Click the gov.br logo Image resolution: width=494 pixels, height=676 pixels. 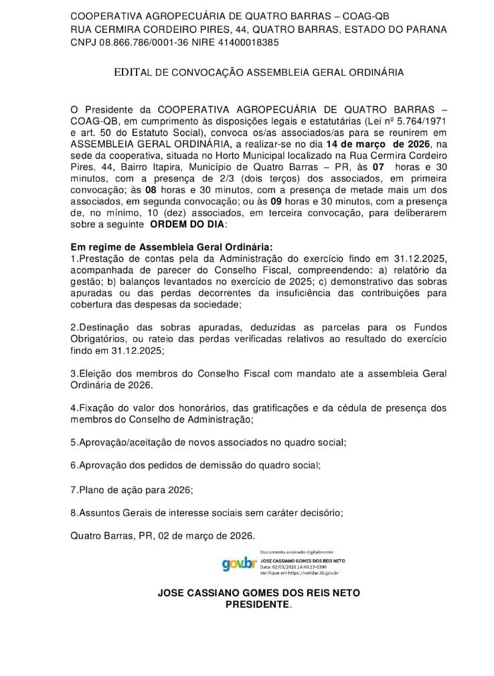tap(239, 563)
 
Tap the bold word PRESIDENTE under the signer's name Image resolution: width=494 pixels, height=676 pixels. tap(258, 604)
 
